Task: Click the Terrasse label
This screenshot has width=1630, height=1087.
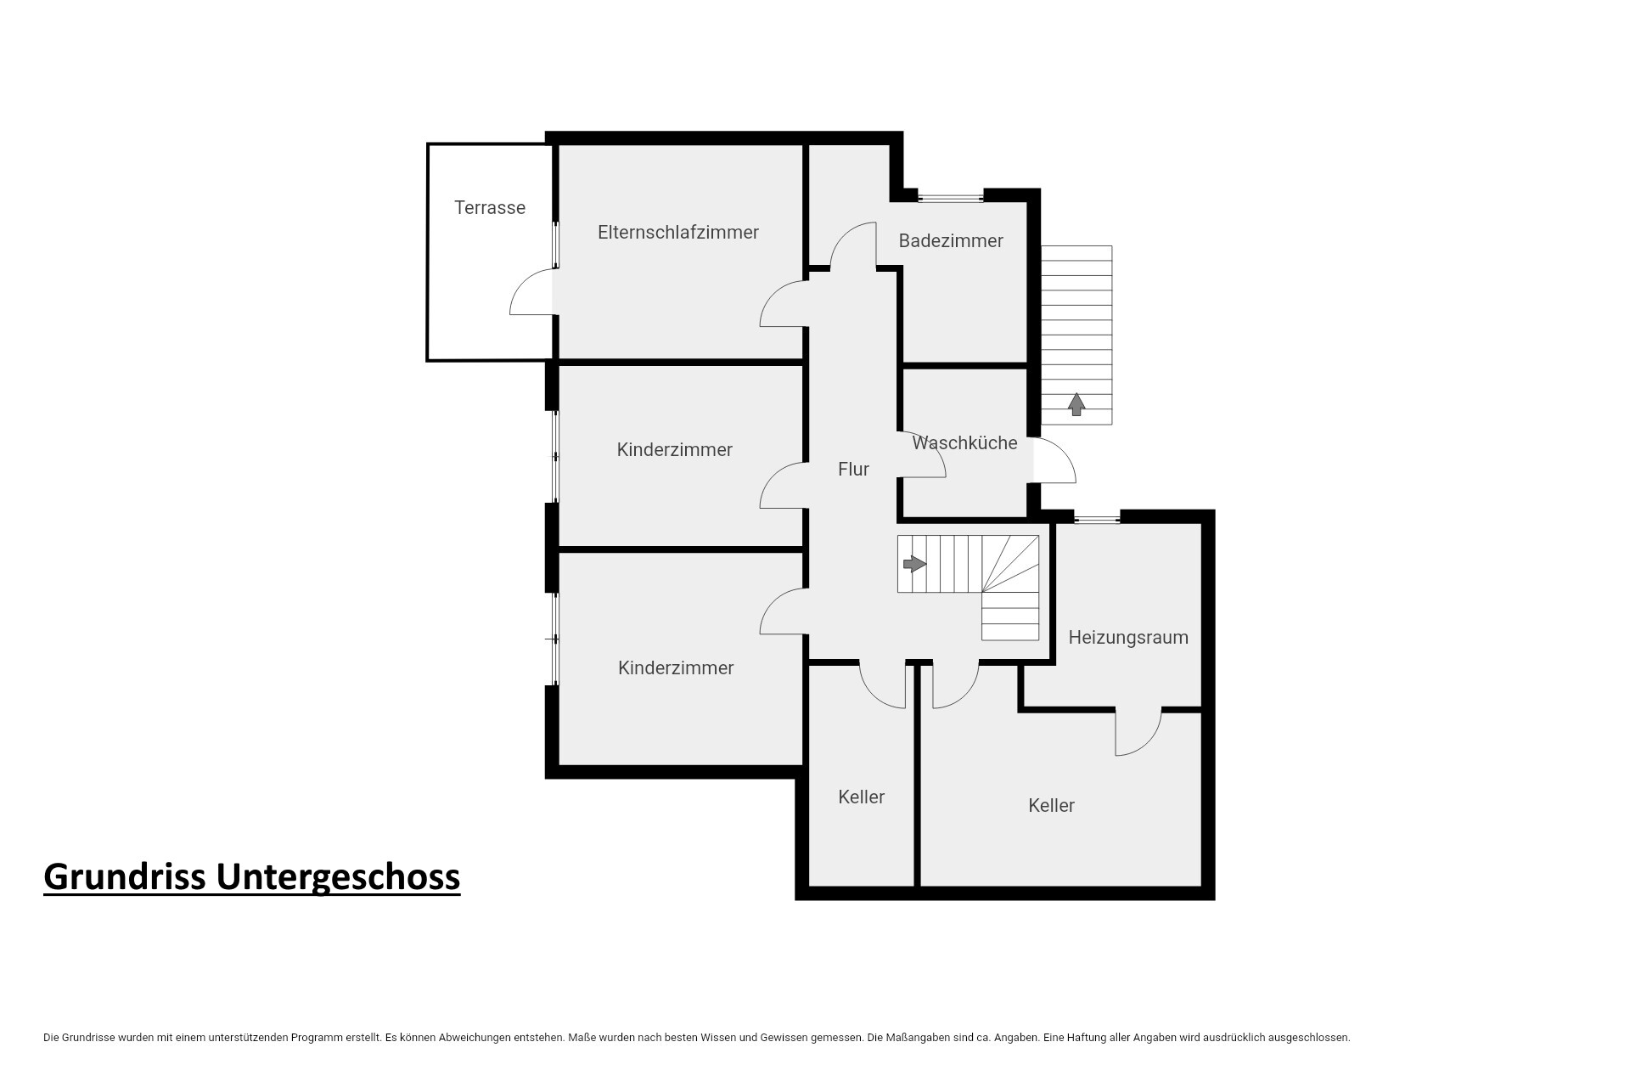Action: tap(490, 208)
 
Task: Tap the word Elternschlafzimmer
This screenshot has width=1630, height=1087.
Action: tap(678, 233)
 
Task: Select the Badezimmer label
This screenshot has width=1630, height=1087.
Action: tap(951, 241)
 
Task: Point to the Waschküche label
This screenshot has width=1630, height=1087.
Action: tap(964, 442)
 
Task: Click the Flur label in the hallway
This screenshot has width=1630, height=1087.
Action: tap(853, 469)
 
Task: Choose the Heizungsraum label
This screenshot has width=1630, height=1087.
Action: tap(1128, 638)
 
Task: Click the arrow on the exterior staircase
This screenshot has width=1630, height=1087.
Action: tap(1076, 404)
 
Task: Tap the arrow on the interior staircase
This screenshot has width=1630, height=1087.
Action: tap(914, 563)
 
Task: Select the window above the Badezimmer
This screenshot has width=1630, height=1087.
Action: tap(951, 198)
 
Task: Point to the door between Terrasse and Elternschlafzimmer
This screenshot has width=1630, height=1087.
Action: tap(532, 291)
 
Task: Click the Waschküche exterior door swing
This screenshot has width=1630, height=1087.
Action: tap(1054, 460)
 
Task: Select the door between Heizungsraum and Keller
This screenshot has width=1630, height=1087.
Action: tap(1138, 732)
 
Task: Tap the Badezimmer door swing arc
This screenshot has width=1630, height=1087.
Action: tap(853, 245)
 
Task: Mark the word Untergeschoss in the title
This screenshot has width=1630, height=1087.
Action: tap(338, 877)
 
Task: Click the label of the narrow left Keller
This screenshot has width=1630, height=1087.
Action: tap(861, 797)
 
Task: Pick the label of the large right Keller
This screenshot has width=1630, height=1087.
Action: tap(1051, 805)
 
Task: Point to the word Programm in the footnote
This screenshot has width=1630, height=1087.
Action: tap(317, 1038)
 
